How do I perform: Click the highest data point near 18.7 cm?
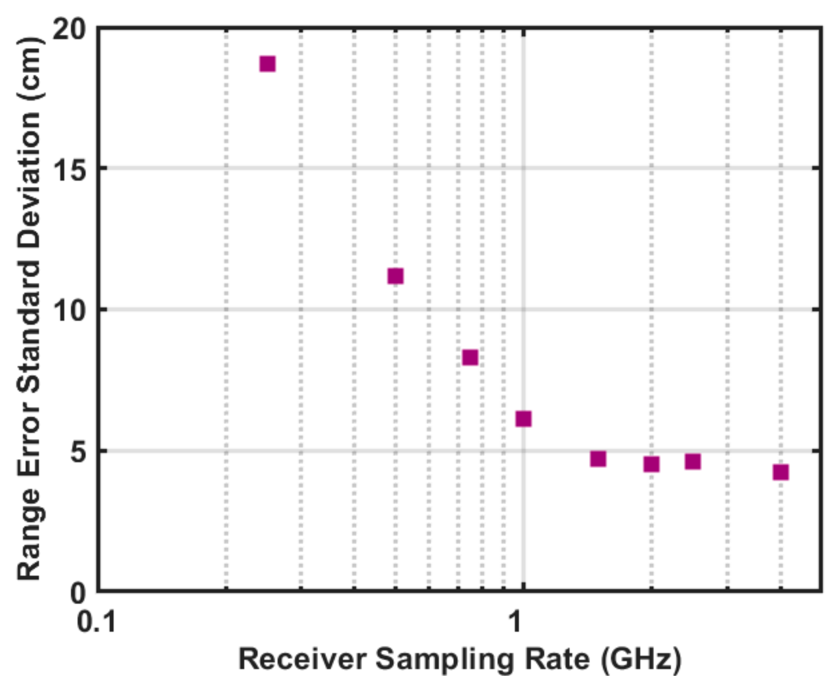coord(267,63)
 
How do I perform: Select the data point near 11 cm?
coord(395,276)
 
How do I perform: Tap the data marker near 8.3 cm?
coord(470,357)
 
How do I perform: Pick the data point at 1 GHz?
coord(524,419)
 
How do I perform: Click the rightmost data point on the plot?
coord(781,472)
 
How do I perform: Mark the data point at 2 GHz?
coord(651,464)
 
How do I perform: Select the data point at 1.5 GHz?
coord(598,459)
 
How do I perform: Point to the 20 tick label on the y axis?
coord(70,30)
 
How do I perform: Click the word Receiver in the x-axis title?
coord(302,659)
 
